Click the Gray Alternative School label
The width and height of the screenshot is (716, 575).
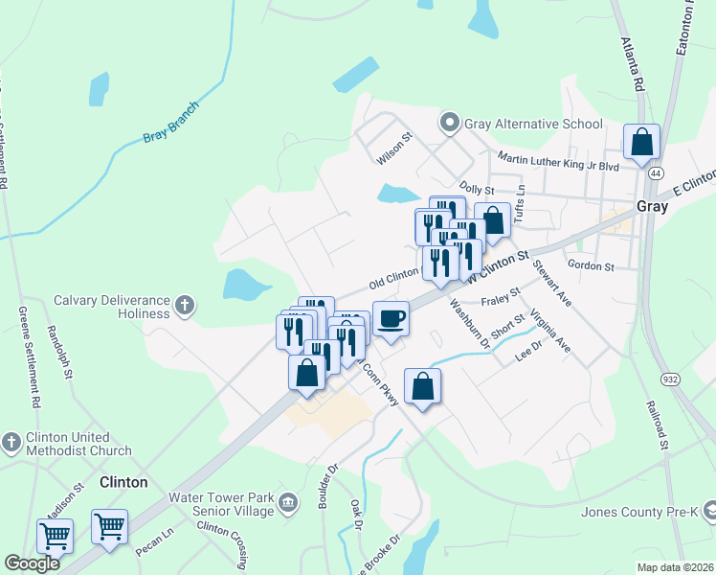[x=533, y=124]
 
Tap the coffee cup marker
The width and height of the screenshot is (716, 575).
[x=390, y=319]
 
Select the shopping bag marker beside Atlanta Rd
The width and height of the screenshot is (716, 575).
[x=641, y=142]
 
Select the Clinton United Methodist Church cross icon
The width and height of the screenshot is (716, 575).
[x=10, y=442]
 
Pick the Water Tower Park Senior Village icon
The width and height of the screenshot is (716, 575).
[x=286, y=501]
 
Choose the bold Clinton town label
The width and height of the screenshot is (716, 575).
[x=123, y=482]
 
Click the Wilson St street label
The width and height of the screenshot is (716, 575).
[x=393, y=138]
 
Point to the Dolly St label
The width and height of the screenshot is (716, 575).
[x=476, y=191]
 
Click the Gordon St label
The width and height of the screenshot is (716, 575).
[x=590, y=265]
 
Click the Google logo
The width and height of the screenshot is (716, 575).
[x=32, y=563]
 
